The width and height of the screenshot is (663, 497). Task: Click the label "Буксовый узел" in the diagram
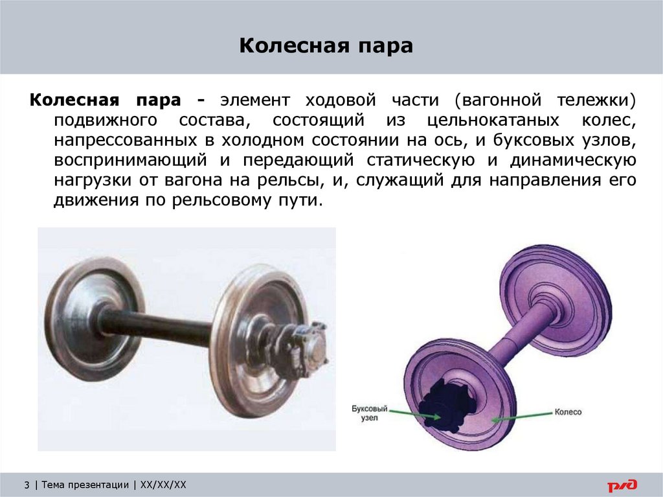click(x=370, y=413)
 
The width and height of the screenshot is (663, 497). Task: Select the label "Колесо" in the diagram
click(x=568, y=411)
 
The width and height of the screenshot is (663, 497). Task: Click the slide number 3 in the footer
click(x=27, y=485)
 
